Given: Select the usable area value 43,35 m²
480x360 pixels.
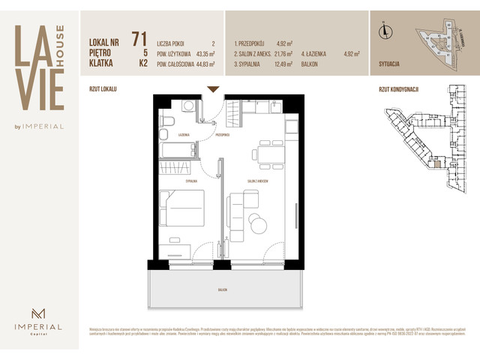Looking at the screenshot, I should click(x=202, y=54).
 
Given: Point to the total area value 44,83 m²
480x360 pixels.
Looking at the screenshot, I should click(x=202, y=64).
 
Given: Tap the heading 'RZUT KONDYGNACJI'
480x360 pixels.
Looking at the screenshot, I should click(x=399, y=88).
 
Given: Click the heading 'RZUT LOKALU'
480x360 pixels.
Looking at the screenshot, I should click(x=103, y=88).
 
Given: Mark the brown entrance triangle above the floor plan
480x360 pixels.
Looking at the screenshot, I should click(x=213, y=89).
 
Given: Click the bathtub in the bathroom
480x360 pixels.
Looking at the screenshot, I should click(x=178, y=150).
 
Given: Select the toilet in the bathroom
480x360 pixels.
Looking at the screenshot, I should click(x=167, y=121).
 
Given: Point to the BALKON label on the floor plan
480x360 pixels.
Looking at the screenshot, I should click(x=223, y=289).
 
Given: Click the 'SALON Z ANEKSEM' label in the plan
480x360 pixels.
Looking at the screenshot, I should click(x=255, y=181).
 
